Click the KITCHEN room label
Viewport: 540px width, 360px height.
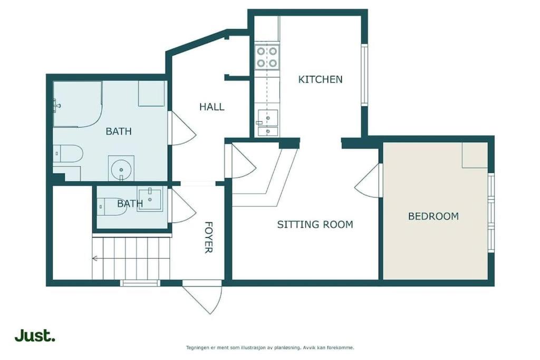coord(320,80)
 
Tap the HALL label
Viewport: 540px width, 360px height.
coord(212,106)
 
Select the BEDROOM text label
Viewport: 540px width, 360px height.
coord(433,216)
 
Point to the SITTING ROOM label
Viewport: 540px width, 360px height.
coord(315,225)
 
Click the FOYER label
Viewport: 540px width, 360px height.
coord(209,238)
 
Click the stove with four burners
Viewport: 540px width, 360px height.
coord(267,57)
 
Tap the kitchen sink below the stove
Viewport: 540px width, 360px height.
coord(267,123)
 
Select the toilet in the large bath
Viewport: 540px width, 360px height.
coord(68,153)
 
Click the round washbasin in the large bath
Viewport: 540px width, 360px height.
coord(121,169)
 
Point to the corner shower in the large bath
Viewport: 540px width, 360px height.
coord(77,104)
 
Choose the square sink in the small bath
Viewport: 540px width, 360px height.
coord(150,199)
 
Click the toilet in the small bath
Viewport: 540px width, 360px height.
coord(111,207)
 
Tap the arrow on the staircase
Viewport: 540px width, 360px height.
coord(94,258)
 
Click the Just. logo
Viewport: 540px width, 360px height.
coord(35,336)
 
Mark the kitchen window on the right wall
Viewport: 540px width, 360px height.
coord(364,75)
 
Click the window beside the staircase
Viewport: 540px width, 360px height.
coord(140,283)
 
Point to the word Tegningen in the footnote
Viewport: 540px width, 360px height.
coord(197,347)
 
